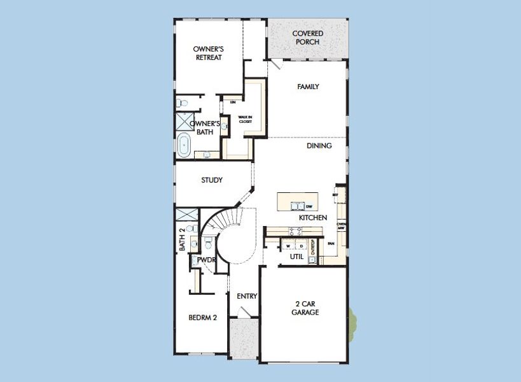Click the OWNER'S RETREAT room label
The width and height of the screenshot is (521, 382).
[x=209, y=53]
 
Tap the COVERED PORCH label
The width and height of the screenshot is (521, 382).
[x=307, y=38]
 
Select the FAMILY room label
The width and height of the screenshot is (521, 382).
[x=308, y=87]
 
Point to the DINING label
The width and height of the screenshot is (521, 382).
[x=319, y=146]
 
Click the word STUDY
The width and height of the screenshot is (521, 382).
[x=212, y=180]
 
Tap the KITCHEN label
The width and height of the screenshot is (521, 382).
[x=313, y=218]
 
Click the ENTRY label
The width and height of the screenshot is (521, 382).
[x=247, y=296]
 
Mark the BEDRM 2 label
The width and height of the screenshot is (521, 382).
[x=203, y=318]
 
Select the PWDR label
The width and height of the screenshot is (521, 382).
[x=205, y=260]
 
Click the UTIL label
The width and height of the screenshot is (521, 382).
[x=296, y=257]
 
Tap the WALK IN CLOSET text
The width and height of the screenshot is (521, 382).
[x=245, y=119]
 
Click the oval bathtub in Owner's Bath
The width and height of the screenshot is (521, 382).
[x=184, y=145]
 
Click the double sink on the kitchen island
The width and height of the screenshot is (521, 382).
[x=296, y=206]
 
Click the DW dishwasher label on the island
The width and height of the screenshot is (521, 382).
[x=309, y=207]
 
